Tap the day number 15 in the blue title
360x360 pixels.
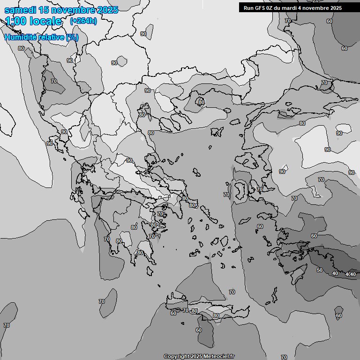tap(45, 10)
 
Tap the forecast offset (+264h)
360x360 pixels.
tap(83, 21)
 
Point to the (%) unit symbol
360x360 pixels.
tap(72, 37)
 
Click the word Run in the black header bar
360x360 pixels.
tap(249, 8)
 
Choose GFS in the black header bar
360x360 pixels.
tap(261, 8)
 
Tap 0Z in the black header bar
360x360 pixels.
tap(272, 8)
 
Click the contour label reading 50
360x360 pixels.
tap(320, 270)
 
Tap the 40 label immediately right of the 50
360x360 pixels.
tap(335, 273)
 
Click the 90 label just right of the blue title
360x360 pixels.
tap(143, 34)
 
